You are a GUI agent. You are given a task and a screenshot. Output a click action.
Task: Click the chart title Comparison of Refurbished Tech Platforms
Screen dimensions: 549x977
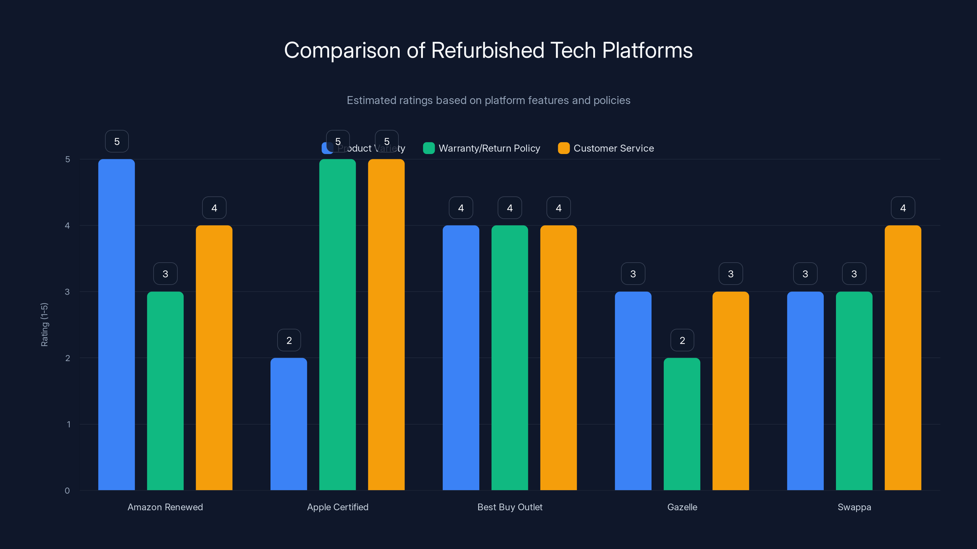coord(488,50)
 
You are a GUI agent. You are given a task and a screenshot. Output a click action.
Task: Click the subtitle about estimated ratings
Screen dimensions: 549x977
coord(488,100)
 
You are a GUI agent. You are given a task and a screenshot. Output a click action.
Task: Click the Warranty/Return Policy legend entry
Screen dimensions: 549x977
coord(482,148)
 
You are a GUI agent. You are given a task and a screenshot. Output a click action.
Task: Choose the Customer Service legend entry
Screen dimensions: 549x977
coord(606,148)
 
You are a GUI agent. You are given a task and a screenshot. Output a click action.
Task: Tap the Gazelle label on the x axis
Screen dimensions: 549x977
coord(682,507)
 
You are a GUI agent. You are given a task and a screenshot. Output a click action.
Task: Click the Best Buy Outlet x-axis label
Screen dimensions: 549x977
coord(510,507)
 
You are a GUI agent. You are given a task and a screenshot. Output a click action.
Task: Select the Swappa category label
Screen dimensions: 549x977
coord(854,507)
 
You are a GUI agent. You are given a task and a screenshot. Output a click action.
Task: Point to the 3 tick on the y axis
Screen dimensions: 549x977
coord(67,292)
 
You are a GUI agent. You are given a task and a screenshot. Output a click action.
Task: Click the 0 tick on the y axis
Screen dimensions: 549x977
coord(67,491)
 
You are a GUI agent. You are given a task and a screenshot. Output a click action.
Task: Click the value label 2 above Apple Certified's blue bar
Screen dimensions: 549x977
coord(289,340)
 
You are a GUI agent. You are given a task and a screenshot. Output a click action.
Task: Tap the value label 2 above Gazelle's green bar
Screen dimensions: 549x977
coord(682,340)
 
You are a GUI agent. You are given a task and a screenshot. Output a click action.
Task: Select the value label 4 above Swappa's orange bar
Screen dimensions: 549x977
coord(903,208)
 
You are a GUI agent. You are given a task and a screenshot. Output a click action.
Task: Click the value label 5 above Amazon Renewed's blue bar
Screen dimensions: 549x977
coord(117,141)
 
